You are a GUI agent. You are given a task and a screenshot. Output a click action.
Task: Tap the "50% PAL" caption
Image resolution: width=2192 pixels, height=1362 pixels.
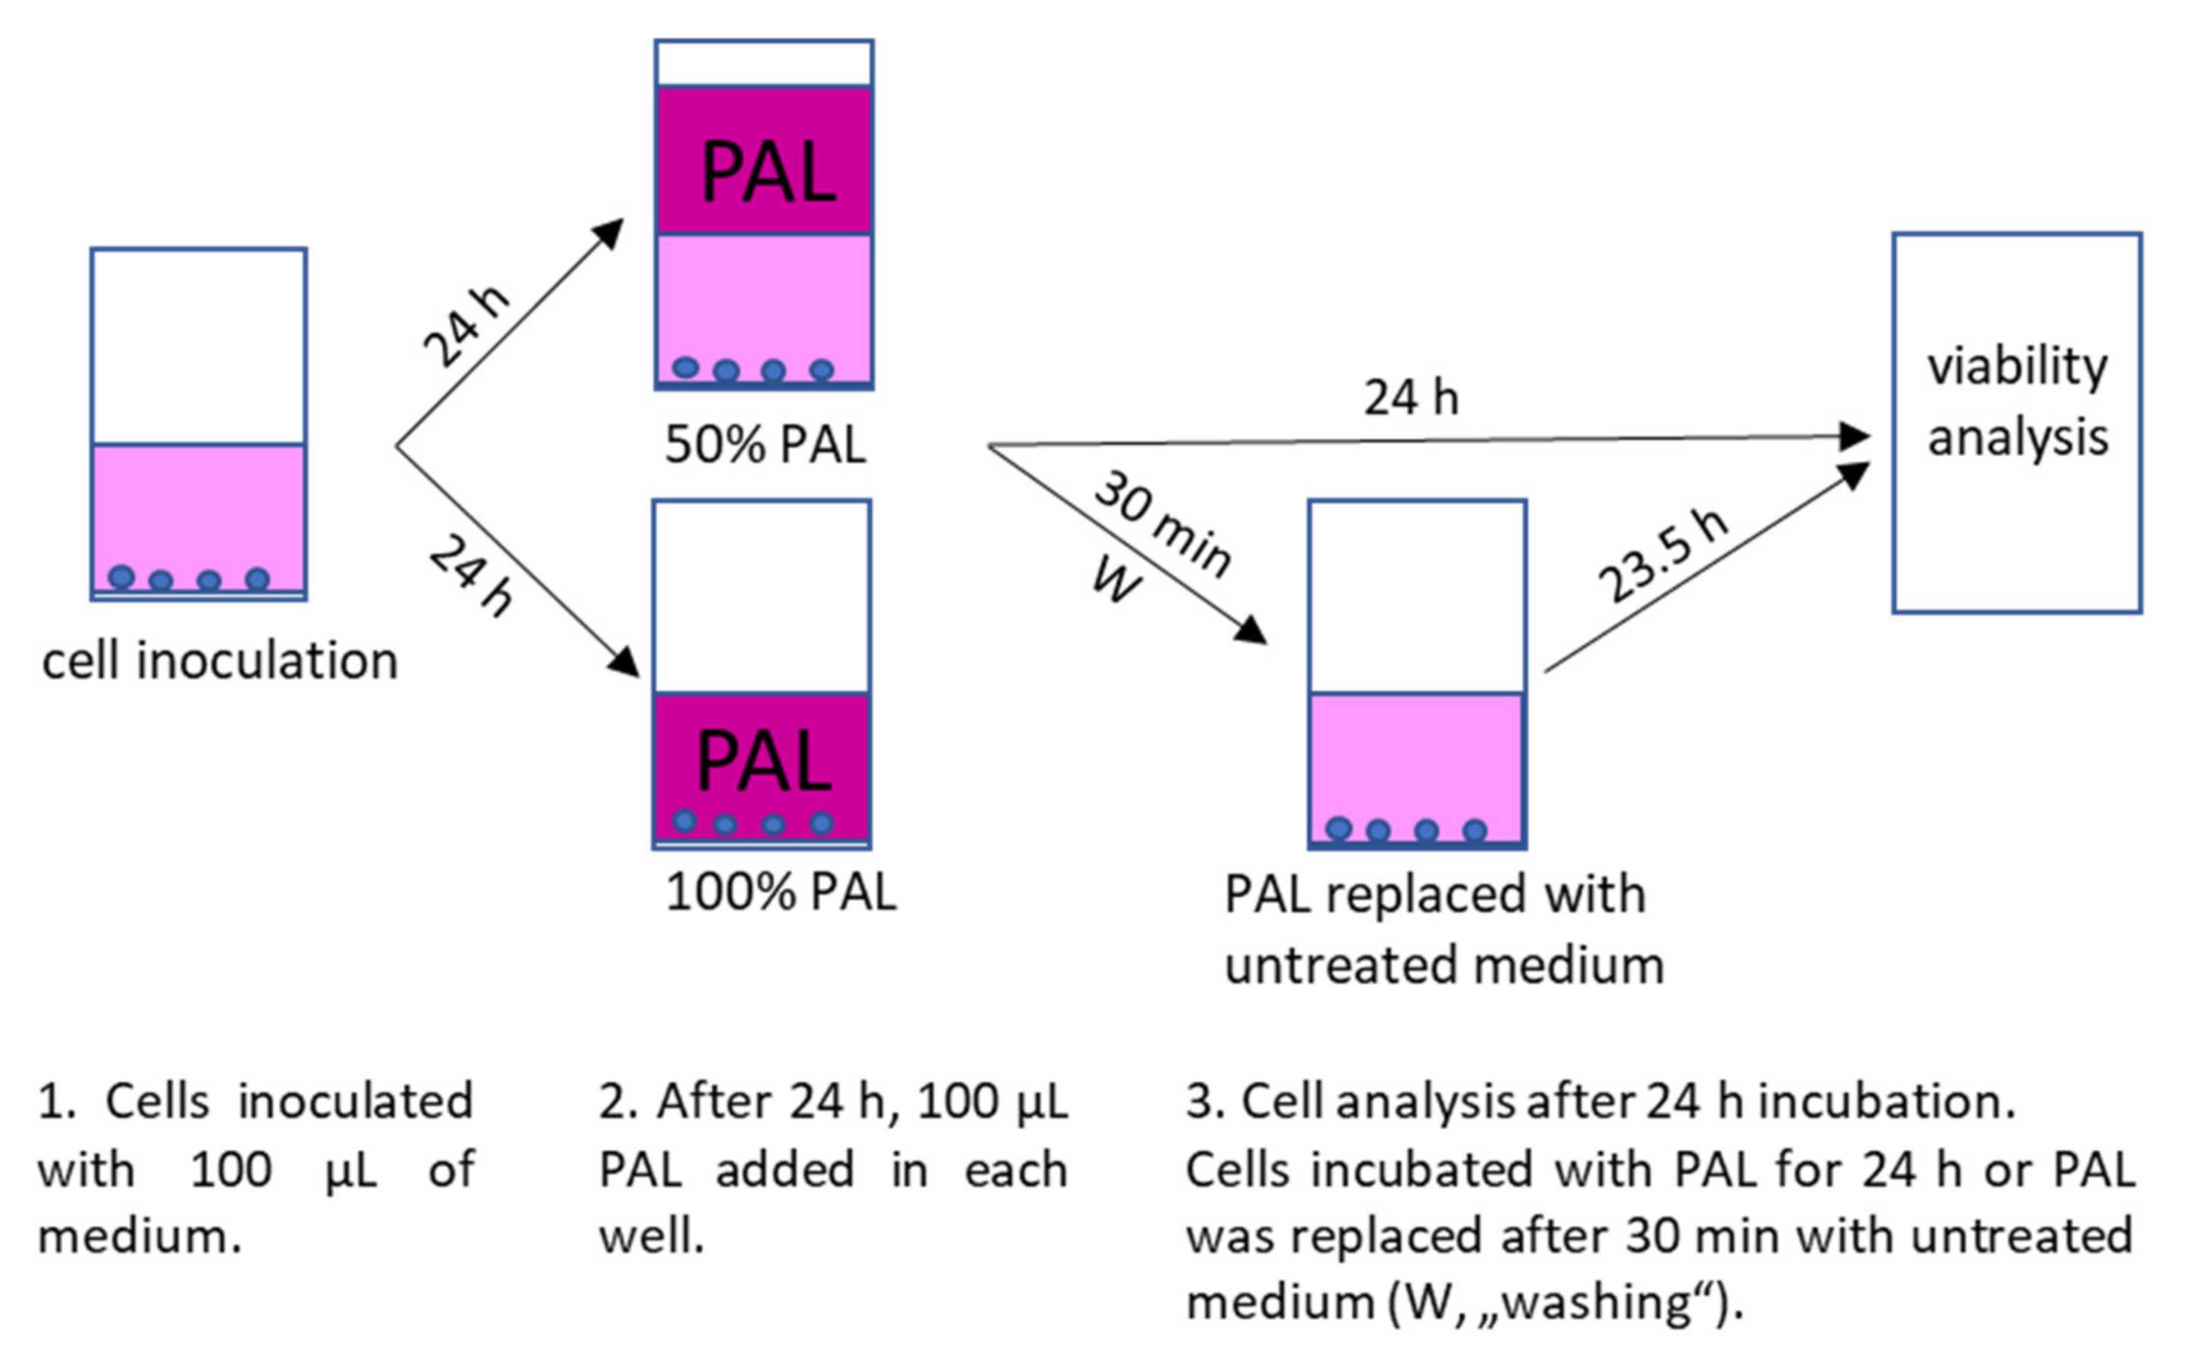pos(765,444)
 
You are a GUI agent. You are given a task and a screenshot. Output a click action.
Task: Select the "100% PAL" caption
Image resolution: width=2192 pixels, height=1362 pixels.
pos(780,892)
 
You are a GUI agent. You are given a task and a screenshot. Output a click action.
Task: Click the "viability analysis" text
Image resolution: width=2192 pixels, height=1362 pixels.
pos(2017,401)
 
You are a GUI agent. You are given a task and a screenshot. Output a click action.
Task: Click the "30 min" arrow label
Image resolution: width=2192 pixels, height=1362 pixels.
pos(1163,523)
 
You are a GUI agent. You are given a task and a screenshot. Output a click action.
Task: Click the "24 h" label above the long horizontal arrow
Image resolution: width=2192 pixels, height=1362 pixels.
pos(1411,398)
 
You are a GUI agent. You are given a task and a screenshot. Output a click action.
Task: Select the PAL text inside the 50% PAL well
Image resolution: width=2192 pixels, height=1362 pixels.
pos(768,173)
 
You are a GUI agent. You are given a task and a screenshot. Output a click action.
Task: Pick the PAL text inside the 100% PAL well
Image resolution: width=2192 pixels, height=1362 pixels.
pos(764,762)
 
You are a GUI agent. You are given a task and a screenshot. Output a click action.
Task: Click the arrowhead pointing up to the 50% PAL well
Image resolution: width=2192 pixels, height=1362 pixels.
pos(610,232)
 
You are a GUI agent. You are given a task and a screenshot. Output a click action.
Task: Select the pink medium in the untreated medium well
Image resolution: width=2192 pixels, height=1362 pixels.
pos(1417,756)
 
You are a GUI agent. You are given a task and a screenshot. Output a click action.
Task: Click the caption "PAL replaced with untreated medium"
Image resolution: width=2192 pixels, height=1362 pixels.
pos(1443,929)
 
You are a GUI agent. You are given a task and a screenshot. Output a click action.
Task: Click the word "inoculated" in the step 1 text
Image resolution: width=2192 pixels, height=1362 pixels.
pos(355,1101)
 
